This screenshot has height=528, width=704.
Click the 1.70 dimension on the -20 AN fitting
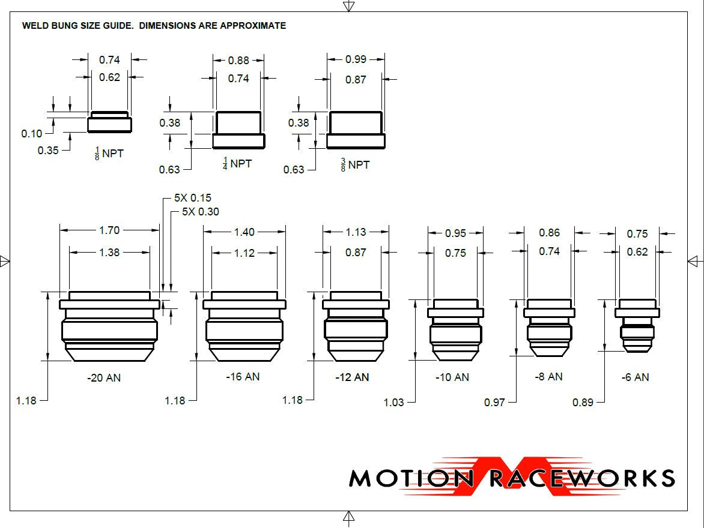coord(109,230)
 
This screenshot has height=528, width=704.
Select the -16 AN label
coord(243,377)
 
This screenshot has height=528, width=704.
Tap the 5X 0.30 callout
coord(200,211)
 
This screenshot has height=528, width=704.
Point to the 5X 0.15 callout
coord(192,198)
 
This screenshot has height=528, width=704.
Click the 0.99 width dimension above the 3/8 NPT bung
coord(356,59)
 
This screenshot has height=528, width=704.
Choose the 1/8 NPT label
coord(109,154)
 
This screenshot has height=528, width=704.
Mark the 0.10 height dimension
coord(32,134)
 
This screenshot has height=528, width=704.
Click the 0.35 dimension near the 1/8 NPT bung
coord(48,151)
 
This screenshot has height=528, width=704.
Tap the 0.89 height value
coord(583,403)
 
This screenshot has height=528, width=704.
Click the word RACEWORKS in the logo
coord(581,478)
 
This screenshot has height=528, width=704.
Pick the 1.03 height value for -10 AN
coord(394,403)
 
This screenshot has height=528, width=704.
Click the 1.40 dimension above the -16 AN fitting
coord(244,232)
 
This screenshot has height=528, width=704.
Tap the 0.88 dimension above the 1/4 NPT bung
coord(238,60)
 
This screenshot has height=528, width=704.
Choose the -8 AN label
coord(548,377)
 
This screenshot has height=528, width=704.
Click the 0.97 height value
coord(494,403)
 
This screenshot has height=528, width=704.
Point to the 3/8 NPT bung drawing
coord(356,130)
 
